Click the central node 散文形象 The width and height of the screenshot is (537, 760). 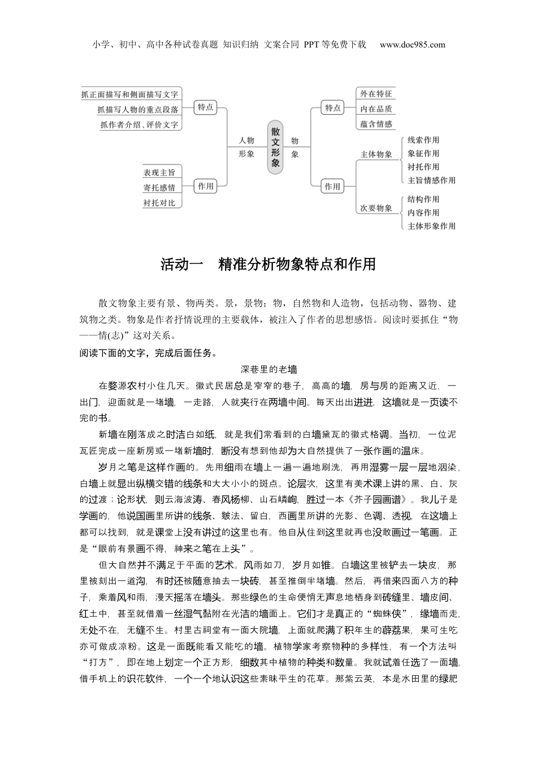click(275, 146)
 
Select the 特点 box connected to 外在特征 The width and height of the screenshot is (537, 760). click(333, 107)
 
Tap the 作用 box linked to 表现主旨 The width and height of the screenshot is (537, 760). click(206, 186)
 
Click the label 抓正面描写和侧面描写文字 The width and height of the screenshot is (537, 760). click(130, 94)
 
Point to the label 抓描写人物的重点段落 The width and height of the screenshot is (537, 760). click(137, 110)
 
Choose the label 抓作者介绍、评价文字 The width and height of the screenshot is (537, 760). click(139, 125)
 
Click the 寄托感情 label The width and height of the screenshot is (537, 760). click(159, 188)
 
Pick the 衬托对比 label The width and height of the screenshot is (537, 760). click(159, 202)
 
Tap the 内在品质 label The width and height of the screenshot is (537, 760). click(376, 109)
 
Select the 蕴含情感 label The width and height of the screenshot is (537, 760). click(376, 124)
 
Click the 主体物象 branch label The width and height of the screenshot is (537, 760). click(376, 154)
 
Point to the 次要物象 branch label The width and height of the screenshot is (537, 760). click(376, 208)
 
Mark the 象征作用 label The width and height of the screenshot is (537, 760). click(423, 153)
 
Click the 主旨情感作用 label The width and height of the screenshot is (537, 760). click(431, 180)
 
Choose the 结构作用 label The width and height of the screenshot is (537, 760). click(423, 199)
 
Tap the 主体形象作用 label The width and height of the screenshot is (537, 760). click(431, 226)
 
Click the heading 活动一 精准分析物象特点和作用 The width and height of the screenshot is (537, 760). click(268, 264)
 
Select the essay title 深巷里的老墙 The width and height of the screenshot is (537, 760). click(268, 369)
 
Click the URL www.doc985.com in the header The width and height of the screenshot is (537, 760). click(412, 45)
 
